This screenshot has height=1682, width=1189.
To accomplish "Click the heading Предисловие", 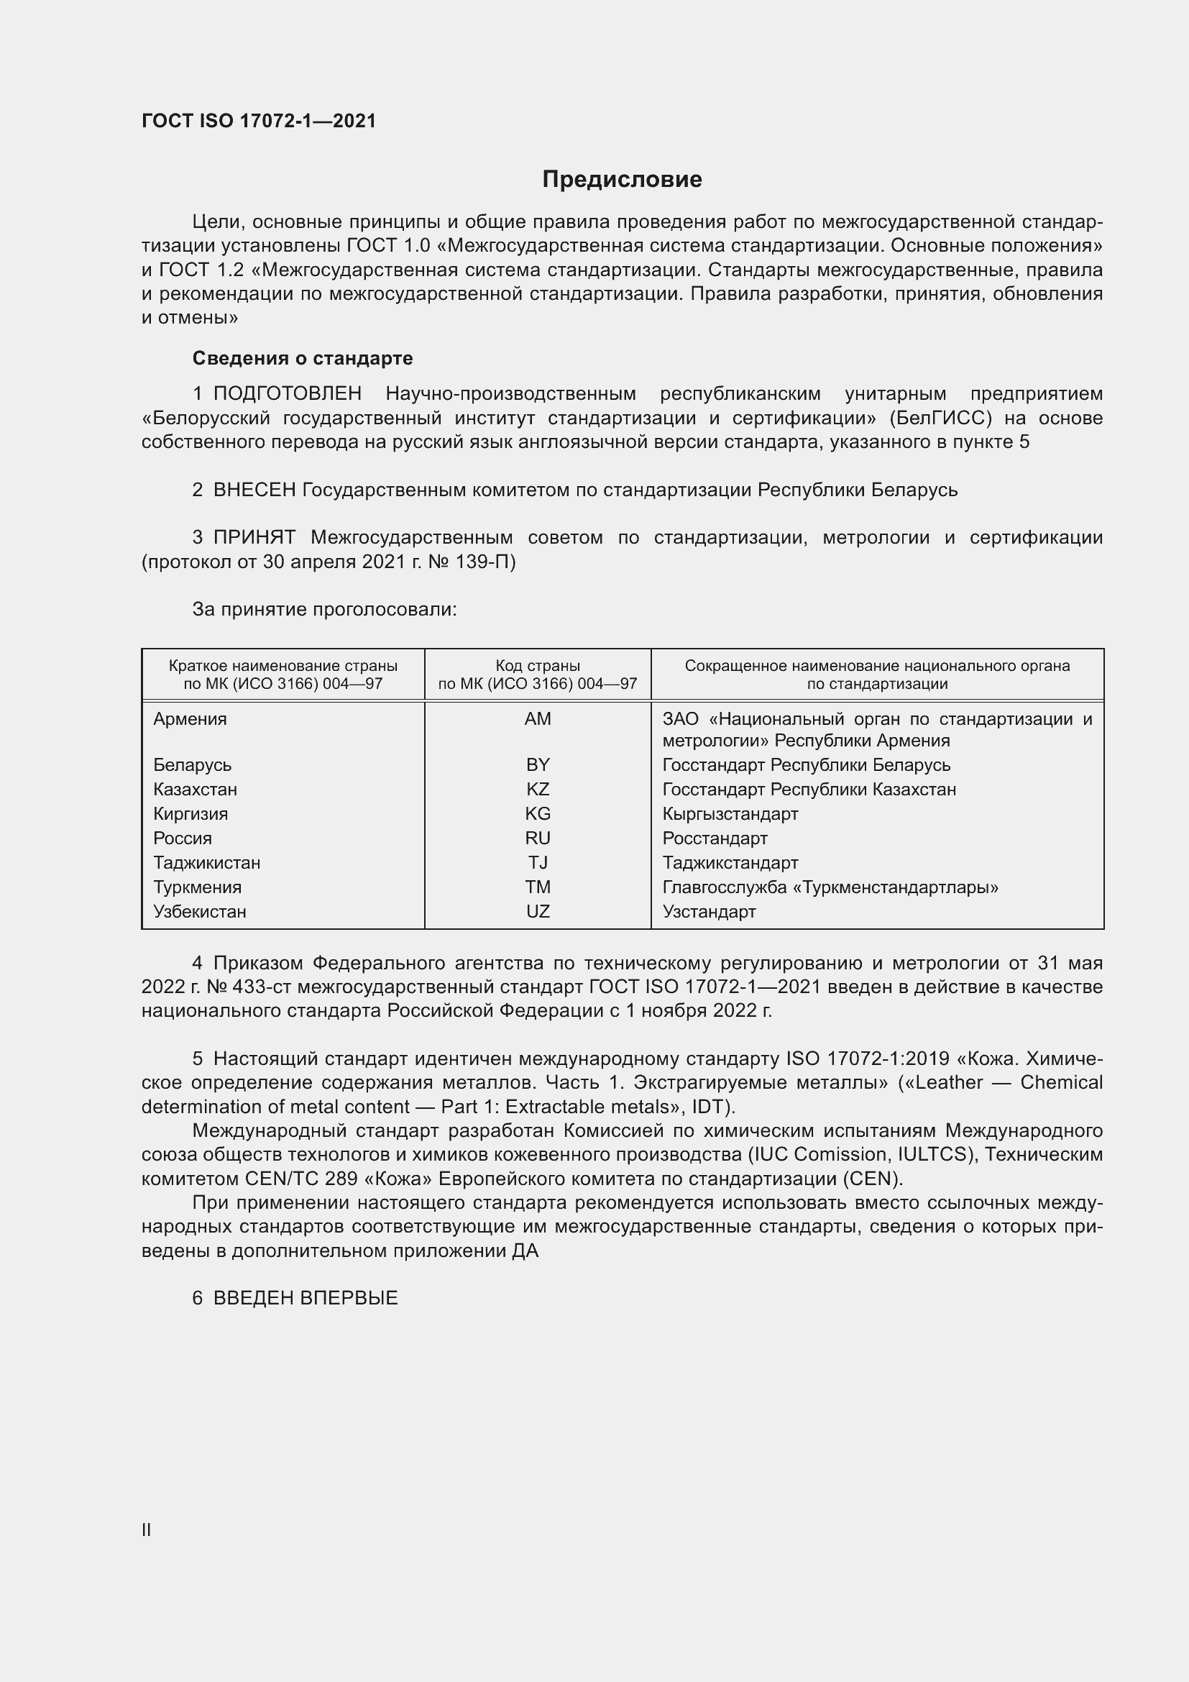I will pos(622,180).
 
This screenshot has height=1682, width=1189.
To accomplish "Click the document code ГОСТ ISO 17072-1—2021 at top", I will pos(259,122).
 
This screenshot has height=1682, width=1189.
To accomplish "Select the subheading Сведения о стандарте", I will pos(302,358).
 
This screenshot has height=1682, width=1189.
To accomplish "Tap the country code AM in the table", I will pos(538,718).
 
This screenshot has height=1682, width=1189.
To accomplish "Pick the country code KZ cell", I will pos(538,789).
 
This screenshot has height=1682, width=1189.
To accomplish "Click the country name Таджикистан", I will pos(206,862).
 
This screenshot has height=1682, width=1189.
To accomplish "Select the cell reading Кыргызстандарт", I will pos(730,814).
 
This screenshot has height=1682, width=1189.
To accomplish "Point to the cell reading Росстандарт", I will pos(715,838).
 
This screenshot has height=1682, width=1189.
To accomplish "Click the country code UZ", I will pos(538,911).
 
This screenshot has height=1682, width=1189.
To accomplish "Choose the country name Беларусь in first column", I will pos(192,765).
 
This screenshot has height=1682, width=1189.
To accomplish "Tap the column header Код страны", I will pos(538,666).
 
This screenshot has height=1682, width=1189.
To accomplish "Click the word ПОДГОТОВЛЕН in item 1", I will pos(287,393).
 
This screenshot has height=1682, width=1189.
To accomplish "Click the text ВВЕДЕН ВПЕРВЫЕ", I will pos(306,1298).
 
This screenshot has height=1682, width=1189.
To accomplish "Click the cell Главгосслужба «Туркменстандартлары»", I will pos(830,887).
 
